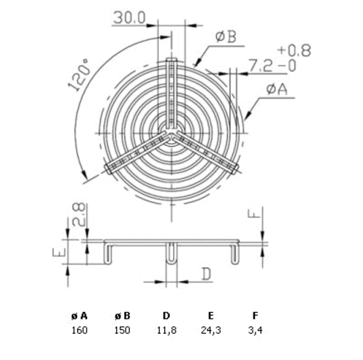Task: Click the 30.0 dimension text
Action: click(129, 18)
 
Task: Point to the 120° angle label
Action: click(80, 75)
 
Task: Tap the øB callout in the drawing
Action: click(226, 37)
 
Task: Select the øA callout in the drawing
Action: click(277, 89)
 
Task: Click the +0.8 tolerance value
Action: click(294, 50)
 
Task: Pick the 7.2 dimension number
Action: click(261, 66)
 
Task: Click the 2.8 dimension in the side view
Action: click(78, 214)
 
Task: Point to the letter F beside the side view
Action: click(254, 213)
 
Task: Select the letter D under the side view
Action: click(206, 274)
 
